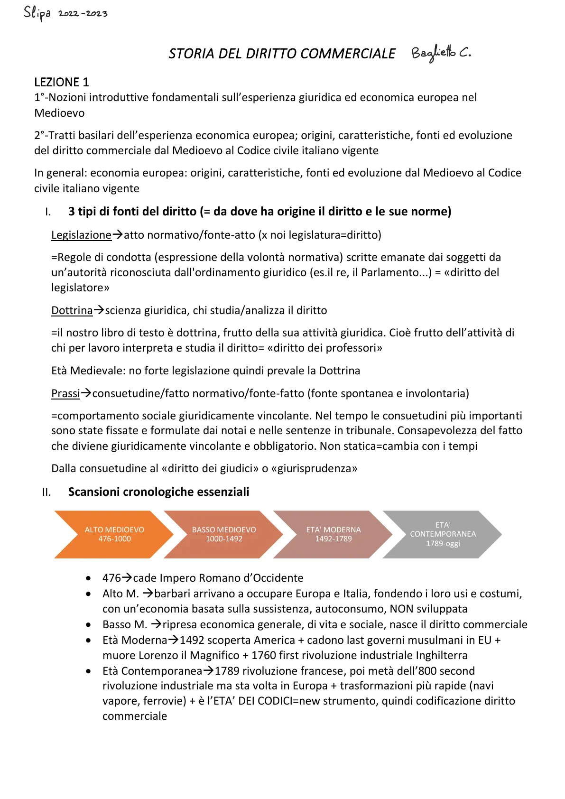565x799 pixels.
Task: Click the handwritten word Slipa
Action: [x=37, y=13]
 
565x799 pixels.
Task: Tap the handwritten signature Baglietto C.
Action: [x=441, y=53]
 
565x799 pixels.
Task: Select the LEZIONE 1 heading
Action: [x=62, y=82]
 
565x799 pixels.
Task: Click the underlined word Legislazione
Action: [x=81, y=235]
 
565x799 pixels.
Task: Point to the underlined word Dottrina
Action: [x=72, y=310]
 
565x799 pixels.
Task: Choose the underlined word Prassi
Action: [x=65, y=393]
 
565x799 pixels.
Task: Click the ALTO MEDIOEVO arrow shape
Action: [x=114, y=534]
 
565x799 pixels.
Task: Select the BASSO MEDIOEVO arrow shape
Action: [x=223, y=534]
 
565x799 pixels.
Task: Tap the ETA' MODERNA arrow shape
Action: [x=333, y=534]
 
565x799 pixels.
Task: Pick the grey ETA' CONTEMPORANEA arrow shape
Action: [x=442, y=534]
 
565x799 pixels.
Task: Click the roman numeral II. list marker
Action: [x=46, y=492]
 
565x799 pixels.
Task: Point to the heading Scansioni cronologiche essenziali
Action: [x=158, y=492]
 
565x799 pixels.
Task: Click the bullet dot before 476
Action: [x=89, y=578]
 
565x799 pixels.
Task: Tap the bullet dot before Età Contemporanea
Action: [x=89, y=671]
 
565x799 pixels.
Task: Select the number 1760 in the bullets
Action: [x=263, y=655]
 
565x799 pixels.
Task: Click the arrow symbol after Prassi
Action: [x=86, y=393]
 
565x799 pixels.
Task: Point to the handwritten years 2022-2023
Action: [x=83, y=13]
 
